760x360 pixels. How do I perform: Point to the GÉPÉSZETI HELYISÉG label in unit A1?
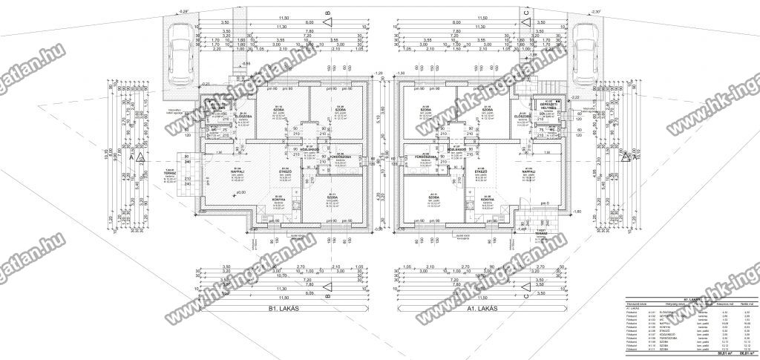point(550,103)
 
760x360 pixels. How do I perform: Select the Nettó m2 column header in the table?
point(744,304)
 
